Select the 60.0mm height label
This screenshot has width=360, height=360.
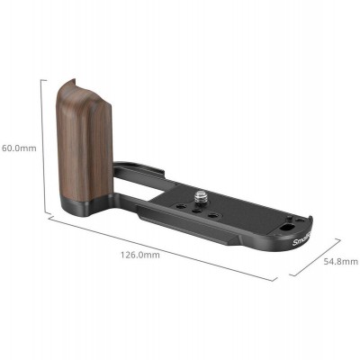18,148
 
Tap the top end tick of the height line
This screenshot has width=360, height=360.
42,78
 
